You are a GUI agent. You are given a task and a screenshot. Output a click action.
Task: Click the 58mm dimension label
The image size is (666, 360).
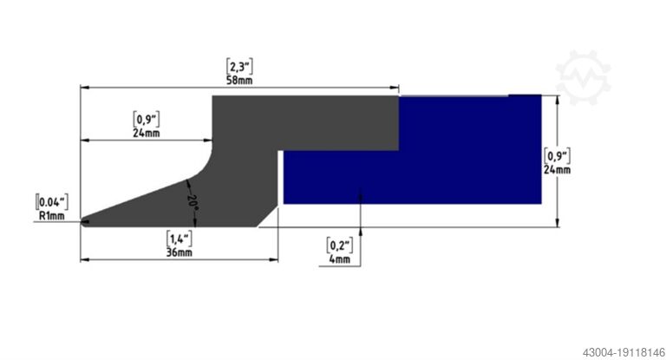coord(239,80)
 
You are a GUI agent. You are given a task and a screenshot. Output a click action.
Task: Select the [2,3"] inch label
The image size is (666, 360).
coord(239,66)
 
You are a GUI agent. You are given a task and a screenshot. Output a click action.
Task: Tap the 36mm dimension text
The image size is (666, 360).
coord(179,252)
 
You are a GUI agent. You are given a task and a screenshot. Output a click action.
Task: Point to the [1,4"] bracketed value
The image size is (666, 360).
coord(179,239)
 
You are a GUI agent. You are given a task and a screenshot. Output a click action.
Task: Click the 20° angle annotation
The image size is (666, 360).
coord(193,202)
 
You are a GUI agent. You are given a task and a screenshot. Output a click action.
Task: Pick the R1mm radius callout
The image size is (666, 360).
coord(52,216)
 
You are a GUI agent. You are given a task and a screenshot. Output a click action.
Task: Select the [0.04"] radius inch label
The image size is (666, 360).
coord(52,201)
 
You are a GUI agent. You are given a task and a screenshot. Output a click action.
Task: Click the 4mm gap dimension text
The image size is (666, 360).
coord(340,259)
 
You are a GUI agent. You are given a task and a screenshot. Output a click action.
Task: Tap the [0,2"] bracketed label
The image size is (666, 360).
coord(340,245)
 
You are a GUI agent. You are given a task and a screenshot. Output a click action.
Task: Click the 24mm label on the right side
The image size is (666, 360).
coord(558,169)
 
